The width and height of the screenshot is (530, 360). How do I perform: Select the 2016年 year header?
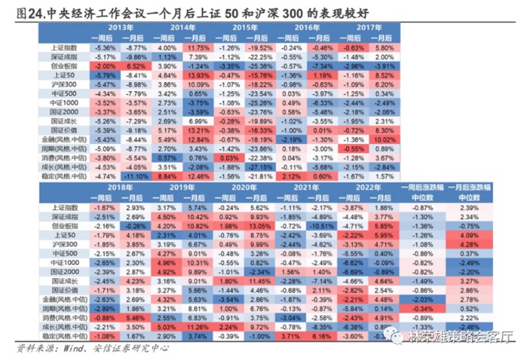click(x=308, y=27)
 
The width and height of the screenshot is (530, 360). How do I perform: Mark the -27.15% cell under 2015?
click(x=259, y=165)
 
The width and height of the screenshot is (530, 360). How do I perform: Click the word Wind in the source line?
click(x=65, y=351)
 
